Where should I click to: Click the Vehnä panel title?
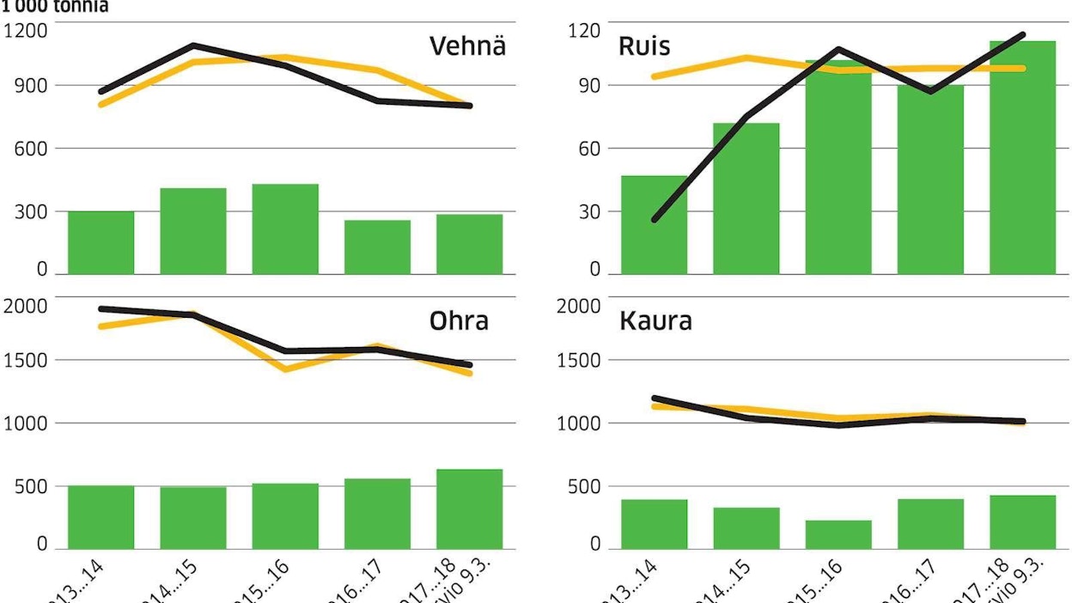[x=467, y=46]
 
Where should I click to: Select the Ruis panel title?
[x=644, y=46]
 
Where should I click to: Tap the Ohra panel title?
[x=459, y=321]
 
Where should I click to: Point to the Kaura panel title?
[x=655, y=321]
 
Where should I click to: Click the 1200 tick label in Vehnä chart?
[x=27, y=32]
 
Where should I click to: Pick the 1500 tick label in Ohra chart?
[x=27, y=361]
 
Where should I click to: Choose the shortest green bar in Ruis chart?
[x=655, y=225]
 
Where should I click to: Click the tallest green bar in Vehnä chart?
[x=285, y=229]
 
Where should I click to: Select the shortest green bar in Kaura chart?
[x=838, y=534]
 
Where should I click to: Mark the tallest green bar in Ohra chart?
[x=469, y=509]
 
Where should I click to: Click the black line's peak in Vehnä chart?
[x=193, y=46]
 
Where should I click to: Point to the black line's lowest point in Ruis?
[x=655, y=220]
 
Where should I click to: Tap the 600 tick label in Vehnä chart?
[x=32, y=149]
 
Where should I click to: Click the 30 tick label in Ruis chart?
[x=588, y=211]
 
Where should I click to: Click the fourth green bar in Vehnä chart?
[x=377, y=247]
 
